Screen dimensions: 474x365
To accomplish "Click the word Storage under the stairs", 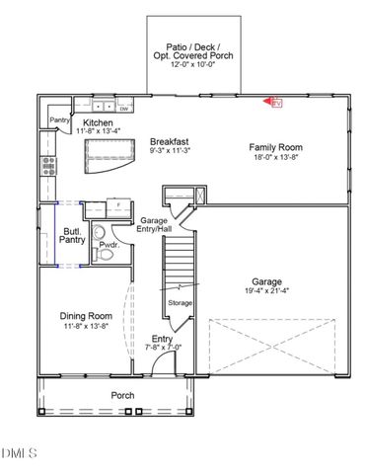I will (181, 302).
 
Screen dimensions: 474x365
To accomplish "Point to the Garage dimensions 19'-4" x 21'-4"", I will (277, 289).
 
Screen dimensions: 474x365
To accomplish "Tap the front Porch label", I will (122, 395).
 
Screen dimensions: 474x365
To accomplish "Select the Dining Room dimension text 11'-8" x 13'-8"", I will (84, 325).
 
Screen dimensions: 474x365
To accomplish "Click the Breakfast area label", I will (169, 141).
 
